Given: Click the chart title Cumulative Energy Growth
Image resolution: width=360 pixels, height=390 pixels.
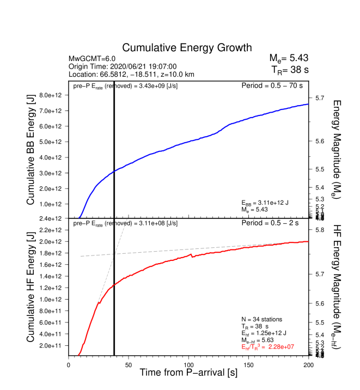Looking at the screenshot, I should click(x=187, y=48).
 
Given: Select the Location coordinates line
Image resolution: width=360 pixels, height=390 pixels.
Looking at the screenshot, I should click(x=132, y=74).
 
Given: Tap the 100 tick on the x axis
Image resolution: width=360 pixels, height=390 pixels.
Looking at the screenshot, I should click(x=188, y=365).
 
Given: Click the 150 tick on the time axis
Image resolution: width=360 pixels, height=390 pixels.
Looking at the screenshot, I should click(x=248, y=365).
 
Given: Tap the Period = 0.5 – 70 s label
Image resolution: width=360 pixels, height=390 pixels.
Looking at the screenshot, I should click(x=272, y=86).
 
